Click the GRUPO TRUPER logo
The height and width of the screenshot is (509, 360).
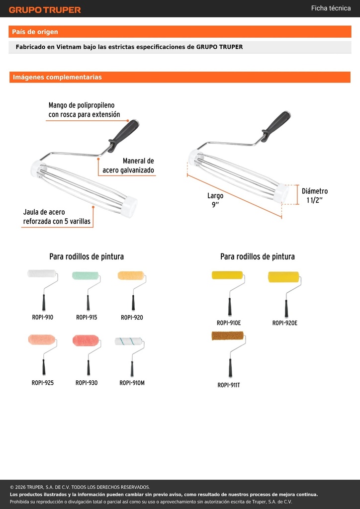(45, 10)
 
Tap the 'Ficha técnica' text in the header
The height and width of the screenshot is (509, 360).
(331, 8)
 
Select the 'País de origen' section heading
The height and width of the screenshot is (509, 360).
(35, 32)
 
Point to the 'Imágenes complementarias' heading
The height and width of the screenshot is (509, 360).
(57, 77)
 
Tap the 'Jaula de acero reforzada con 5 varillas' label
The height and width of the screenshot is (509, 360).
(57, 217)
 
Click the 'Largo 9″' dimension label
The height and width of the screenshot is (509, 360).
(215, 200)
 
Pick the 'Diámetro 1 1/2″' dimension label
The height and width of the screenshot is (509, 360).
(315, 195)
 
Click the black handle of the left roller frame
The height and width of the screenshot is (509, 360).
(124, 136)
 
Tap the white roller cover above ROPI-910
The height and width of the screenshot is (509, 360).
(42, 273)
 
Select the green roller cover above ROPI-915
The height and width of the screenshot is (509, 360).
(86, 275)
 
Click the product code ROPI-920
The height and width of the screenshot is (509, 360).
(132, 318)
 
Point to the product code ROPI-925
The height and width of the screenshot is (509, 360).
(43, 383)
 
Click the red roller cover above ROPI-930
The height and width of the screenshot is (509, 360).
(86, 340)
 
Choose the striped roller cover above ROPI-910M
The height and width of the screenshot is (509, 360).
(129, 341)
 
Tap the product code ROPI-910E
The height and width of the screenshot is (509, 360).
(229, 323)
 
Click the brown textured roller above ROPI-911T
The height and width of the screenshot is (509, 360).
(228, 336)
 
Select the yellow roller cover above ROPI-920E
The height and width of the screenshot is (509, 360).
(283, 277)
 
